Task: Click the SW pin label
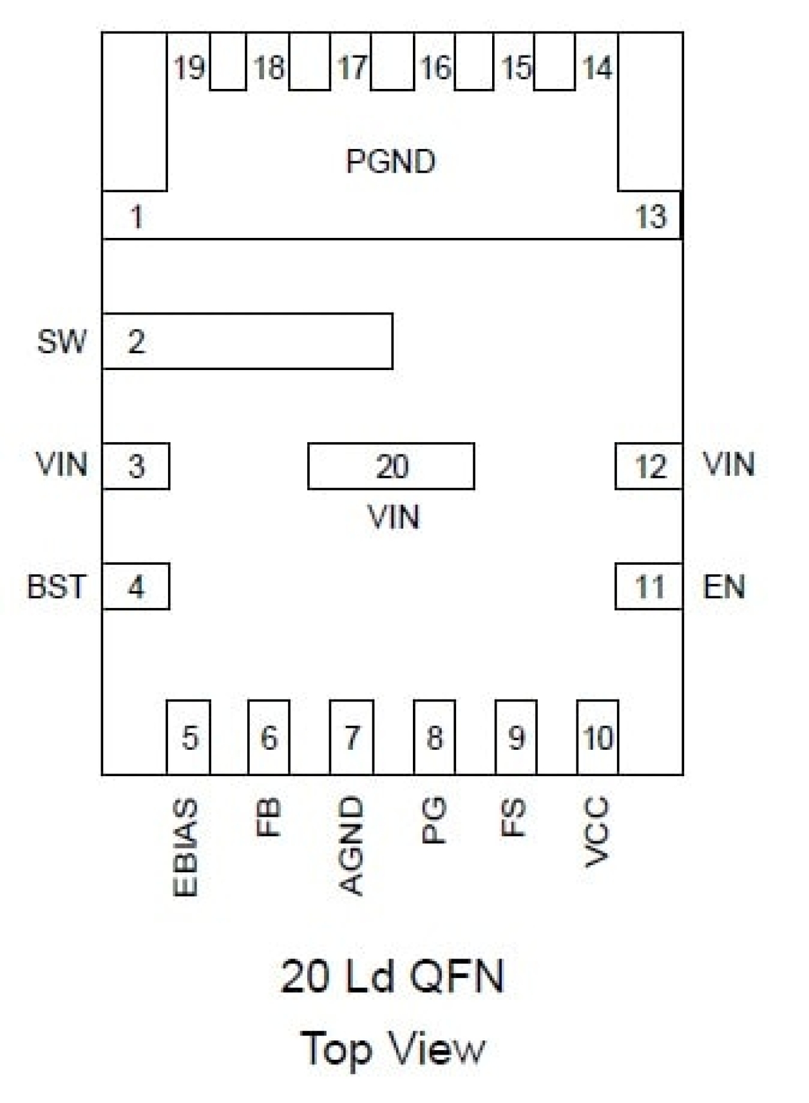(x=62, y=341)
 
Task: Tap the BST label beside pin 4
(x=56, y=587)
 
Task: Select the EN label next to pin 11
(x=724, y=587)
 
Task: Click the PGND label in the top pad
(x=390, y=161)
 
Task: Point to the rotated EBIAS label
(x=186, y=847)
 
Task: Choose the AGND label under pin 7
(x=351, y=846)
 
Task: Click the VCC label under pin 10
(x=596, y=832)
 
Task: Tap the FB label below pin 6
(x=268, y=817)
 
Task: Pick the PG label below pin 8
(x=433, y=820)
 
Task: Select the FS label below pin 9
(x=513, y=817)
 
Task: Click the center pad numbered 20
(x=392, y=466)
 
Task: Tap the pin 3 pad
(x=136, y=466)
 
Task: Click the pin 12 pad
(x=649, y=466)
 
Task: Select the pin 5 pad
(x=189, y=737)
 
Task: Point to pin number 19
(x=189, y=68)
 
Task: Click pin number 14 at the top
(x=597, y=68)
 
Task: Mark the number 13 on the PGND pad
(x=651, y=217)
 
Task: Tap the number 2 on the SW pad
(x=136, y=342)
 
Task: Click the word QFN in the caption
(x=457, y=977)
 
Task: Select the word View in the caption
(x=439, y=1048)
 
